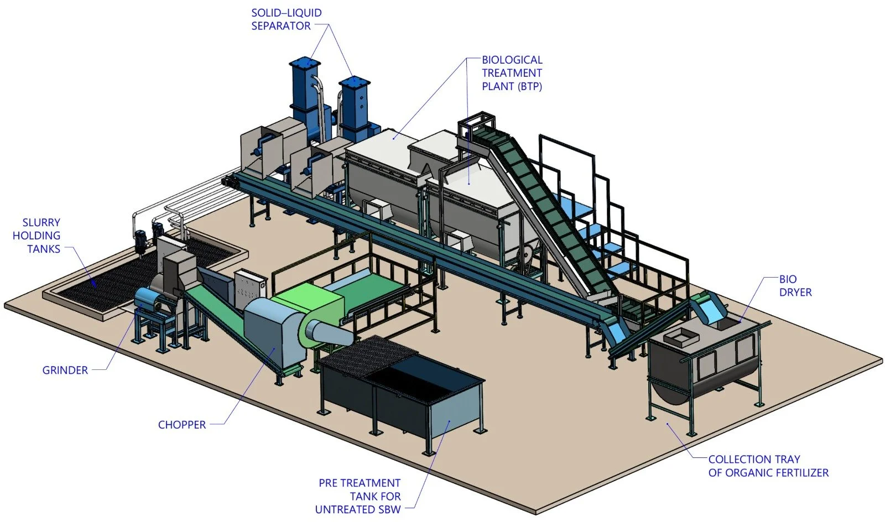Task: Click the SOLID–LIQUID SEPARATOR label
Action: [286, 19]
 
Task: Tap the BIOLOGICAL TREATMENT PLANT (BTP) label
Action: [512, 73]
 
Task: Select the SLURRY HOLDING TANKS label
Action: [37, 236]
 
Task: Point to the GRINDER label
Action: [65, 370]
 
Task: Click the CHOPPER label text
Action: [182, 425]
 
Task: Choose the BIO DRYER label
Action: [795, 286]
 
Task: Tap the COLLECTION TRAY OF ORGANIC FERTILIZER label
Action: [768, 466]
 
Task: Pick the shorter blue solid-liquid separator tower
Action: [355, 108]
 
